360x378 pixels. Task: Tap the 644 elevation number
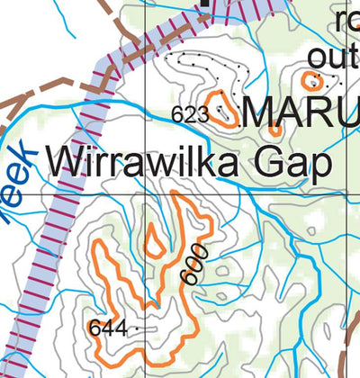pos(107,328)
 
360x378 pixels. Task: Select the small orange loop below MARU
pos(275,130)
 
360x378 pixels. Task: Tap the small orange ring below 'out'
pos(312,81)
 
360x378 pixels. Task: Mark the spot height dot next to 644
pos(137,329)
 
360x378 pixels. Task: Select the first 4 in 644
pos(107,328)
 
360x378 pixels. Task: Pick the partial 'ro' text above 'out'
pos(346,20)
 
